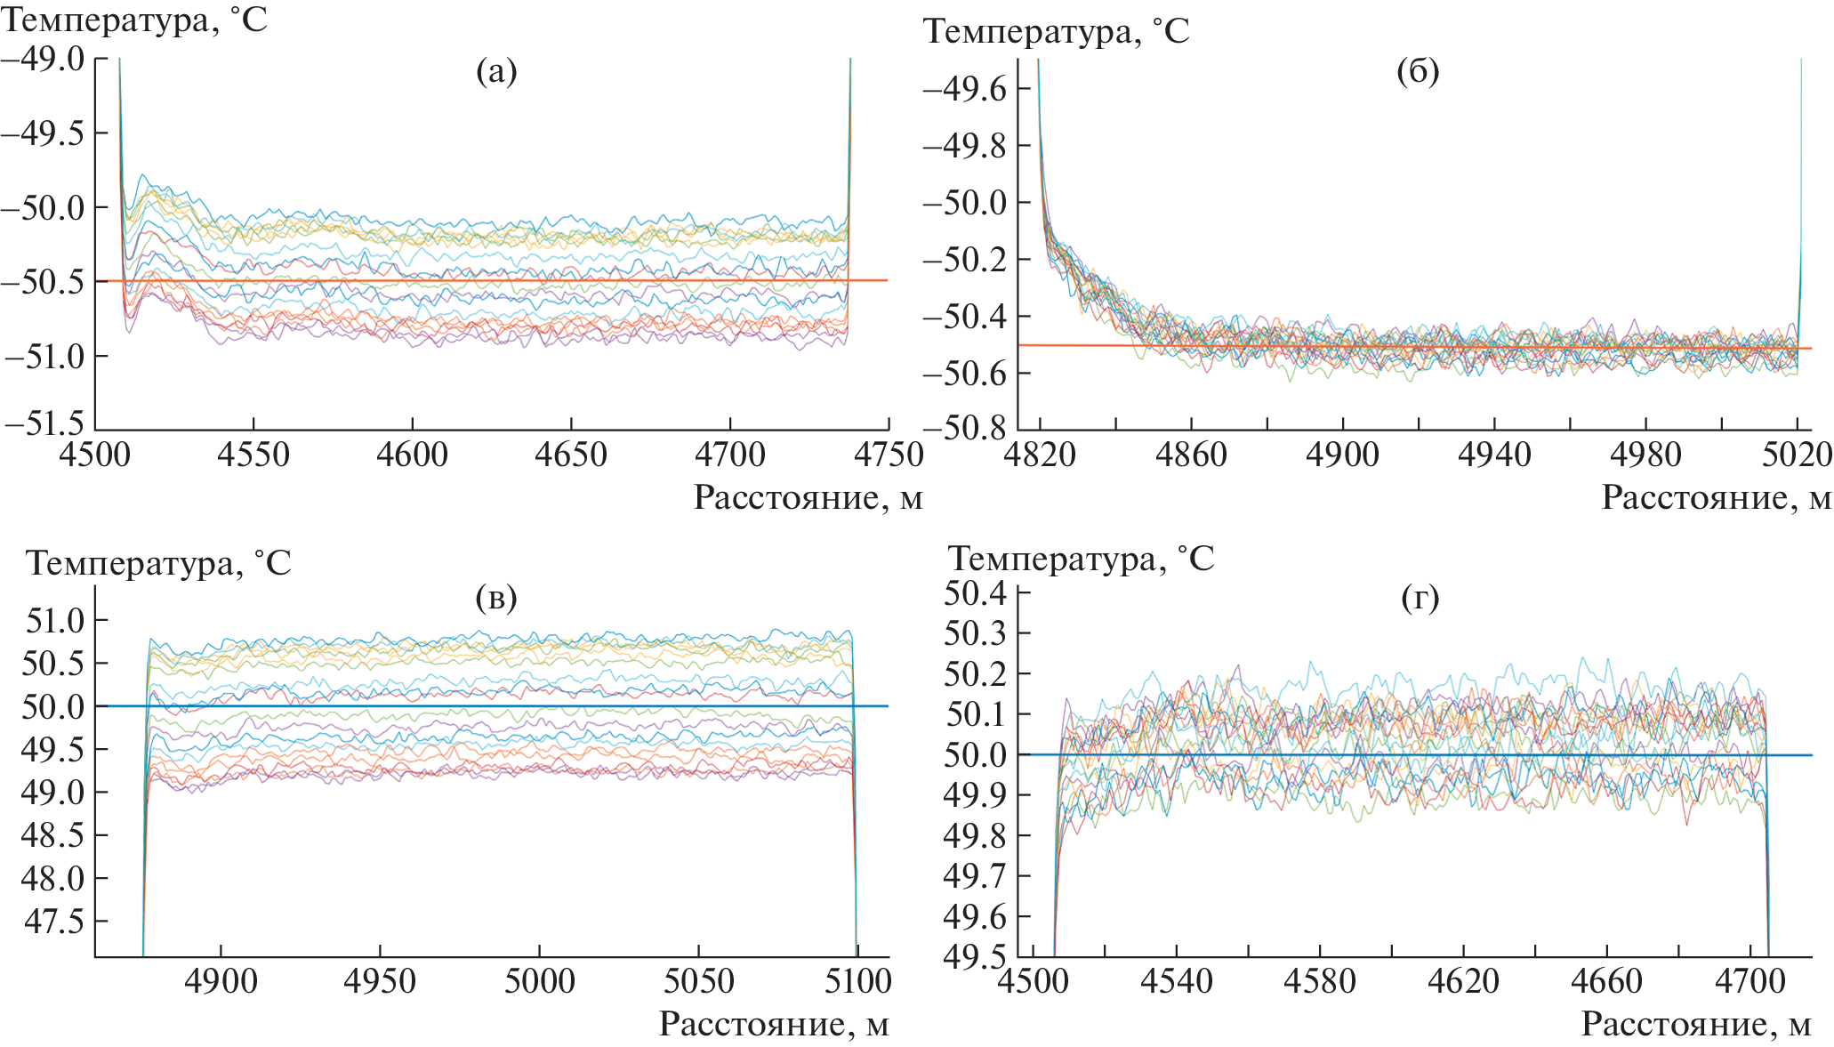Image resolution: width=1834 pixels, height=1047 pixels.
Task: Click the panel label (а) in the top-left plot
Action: pos(496,71)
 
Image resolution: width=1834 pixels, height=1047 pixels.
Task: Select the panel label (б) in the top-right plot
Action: pos(1418,72)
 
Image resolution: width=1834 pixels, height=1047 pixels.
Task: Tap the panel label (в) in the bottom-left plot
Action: pos(496,598)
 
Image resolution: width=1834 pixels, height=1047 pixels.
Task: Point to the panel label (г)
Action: pos(1420,598)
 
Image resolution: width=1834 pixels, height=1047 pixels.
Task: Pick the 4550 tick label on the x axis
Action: pos(253,455)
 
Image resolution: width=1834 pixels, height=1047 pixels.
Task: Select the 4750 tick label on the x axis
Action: pos(887,455)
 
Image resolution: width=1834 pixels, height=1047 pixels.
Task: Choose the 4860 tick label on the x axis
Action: pos(1191,455)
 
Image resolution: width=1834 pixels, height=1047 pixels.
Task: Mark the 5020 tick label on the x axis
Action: pos(1797,455)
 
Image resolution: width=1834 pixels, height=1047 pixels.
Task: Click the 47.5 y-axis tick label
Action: pos(54,922)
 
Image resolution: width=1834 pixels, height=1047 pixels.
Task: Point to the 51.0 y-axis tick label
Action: pos(54,620)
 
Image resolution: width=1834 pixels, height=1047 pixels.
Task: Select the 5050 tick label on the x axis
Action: pos(698,981)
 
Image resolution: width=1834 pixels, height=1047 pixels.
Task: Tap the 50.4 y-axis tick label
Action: pos(975,593)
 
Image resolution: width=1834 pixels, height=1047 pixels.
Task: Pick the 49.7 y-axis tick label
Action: pos(975,876)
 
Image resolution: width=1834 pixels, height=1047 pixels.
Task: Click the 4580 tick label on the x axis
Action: pos(1320,981)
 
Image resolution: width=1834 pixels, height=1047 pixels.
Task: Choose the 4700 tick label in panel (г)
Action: pos(1750,981)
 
